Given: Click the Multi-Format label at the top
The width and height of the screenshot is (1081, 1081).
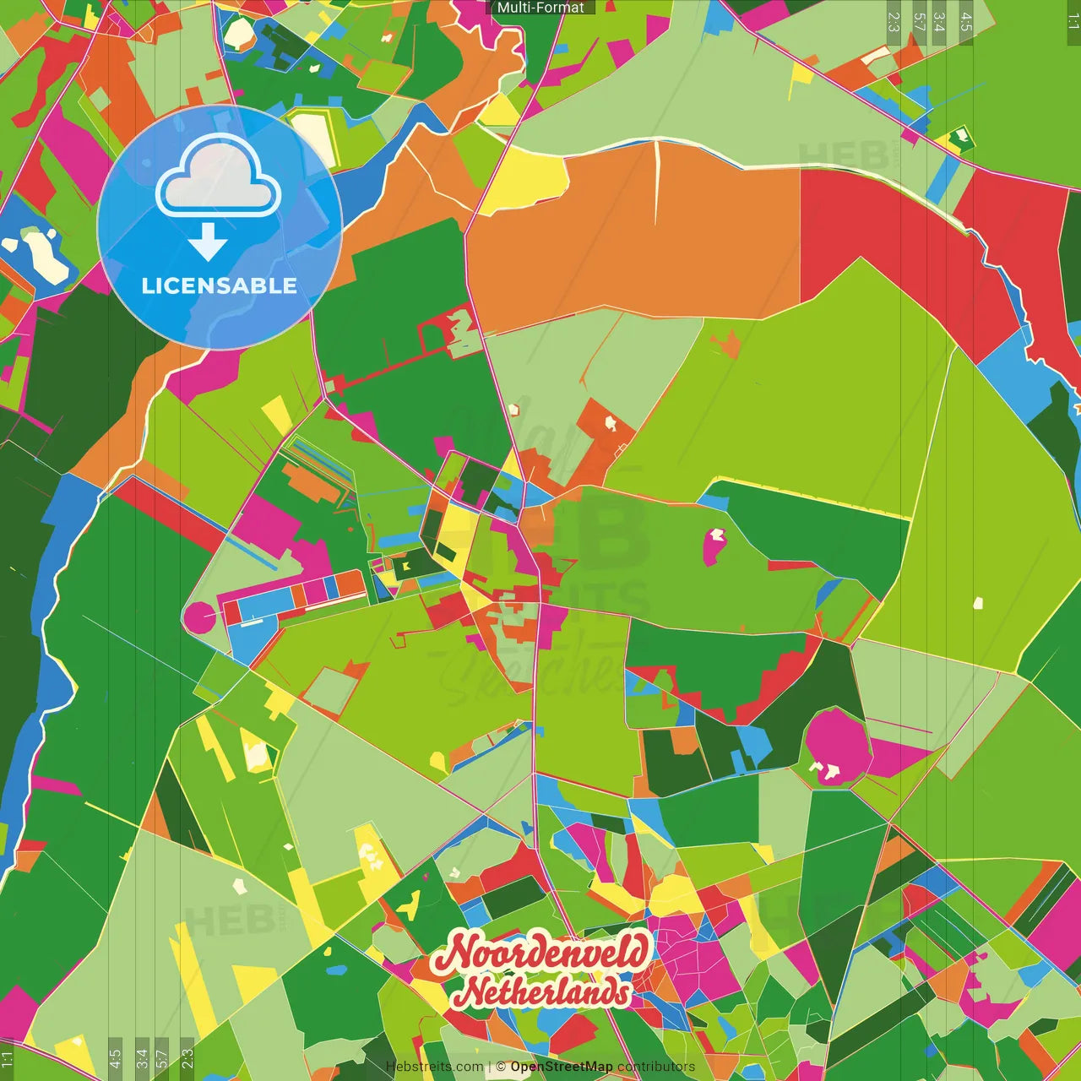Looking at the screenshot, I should coord(540,8).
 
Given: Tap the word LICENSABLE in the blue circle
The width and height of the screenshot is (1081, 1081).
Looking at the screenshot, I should coord(219,285).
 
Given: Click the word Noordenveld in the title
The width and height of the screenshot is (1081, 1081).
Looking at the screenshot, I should coord(540,952).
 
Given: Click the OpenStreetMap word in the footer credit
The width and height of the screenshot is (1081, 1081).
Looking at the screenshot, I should coord(561,1067).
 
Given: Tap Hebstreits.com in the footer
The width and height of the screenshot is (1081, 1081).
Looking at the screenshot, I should coord(434,1067).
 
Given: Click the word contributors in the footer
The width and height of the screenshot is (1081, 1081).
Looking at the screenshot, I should coord(656,1067).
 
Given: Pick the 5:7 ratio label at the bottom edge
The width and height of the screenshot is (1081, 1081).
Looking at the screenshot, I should coord(161,1057).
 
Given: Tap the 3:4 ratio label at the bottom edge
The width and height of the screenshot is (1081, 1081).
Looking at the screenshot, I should coord(141,1057).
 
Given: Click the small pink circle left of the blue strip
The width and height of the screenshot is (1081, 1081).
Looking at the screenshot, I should coord(200,618).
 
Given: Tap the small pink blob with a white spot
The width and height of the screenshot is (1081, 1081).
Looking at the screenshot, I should coord(714,546).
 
